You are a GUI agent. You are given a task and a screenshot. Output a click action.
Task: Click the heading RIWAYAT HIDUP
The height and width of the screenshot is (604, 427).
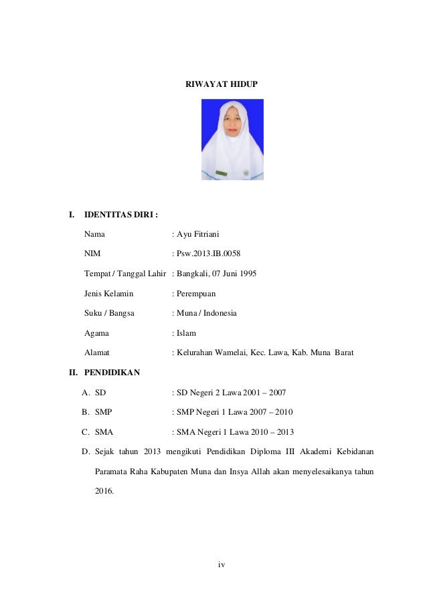pos(221,85)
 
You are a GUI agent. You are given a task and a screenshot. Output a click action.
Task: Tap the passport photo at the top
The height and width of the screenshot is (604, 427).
pos(233,139)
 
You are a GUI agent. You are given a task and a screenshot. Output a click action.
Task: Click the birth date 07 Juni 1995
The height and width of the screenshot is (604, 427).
pos(234,274)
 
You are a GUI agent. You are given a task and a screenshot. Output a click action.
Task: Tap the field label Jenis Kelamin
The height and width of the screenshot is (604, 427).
pos(108,294)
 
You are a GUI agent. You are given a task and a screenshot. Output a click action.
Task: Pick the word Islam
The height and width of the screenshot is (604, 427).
pos(186,333)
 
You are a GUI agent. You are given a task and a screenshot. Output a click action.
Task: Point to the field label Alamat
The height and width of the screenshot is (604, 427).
pos(97,353)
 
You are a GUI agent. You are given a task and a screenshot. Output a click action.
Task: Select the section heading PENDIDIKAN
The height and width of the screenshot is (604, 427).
pos(112,373)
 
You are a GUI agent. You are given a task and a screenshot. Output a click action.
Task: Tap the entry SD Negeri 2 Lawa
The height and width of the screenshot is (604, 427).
pos(213,392)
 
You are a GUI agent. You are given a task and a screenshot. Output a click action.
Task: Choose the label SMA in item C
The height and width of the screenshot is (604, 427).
pos(104,431)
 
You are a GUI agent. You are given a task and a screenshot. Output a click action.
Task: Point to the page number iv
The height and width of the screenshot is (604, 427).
pos(222,565)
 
